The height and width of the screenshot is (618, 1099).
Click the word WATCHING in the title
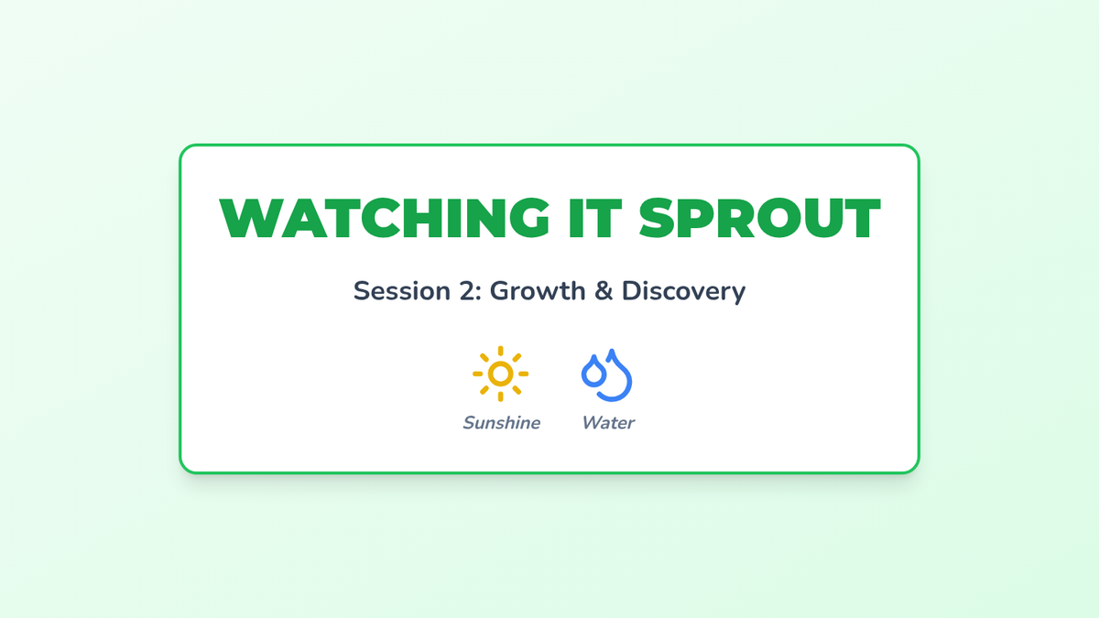click(x=384, y=218)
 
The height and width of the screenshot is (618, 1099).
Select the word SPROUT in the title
click(x=760, y=218)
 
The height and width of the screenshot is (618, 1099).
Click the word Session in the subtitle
click(x=402, y=291)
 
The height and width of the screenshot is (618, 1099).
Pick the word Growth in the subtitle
click(x=538, y=291)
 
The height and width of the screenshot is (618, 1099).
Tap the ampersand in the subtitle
click(x=604, y=291)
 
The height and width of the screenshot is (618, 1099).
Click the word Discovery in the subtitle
click(x=683, y=292)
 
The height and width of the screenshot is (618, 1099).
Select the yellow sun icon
click(x=500, y=374)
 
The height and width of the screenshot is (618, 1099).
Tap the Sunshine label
click(x=502, y=423)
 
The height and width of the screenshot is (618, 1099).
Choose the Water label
click(x=608, y=423)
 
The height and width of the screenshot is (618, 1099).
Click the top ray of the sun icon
click(x=500, y=352)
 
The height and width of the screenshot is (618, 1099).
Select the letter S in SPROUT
click(x=658, y=218)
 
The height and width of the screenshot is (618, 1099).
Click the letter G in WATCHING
click(x=529, y=218)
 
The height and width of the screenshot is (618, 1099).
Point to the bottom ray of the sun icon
click(x=500, y=396)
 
